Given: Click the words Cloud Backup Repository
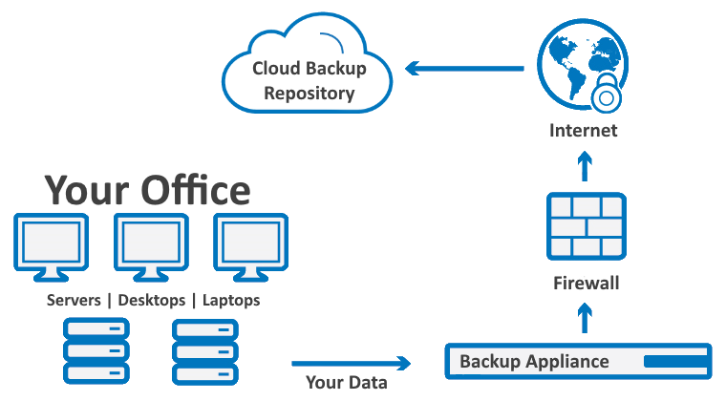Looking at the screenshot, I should click(x=309, y=81).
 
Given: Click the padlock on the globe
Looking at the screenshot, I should click(x=604, y=96).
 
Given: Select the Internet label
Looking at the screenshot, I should click(x=583, y=131).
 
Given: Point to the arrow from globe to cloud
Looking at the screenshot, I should click(x=464, y=68).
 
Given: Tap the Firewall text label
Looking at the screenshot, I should click(x=587, y=284).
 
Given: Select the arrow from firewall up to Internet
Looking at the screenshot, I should click(x=586, y=167).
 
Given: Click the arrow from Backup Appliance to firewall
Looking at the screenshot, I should click(x=586, y=320).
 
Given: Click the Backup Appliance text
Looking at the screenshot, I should click(x=534, y=362).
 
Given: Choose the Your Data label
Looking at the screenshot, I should click(x=347, y=383).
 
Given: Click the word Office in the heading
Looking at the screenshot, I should click(x=196, y=190).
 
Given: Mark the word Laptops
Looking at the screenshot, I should click(x=230, y=300).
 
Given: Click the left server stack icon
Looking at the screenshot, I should click(x=95, y=350).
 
